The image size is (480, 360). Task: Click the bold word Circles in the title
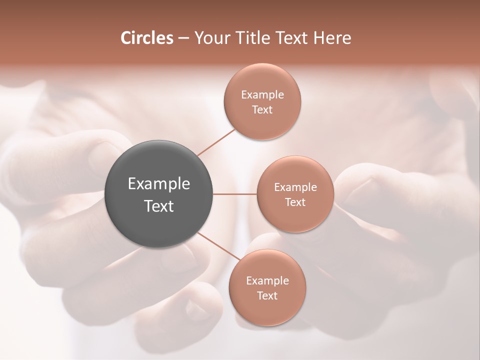[x=147, y=38]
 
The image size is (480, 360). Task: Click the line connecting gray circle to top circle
[x=216, y=142]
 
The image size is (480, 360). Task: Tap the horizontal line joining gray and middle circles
[x=235, y=194]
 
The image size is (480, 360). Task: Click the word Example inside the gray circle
[x=159, y=184]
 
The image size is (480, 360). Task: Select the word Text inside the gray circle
[x=159, y=206]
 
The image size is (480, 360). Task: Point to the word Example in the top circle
[x=262, y=95]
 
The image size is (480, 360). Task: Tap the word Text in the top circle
[x=262, y=110]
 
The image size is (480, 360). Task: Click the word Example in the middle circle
[x=295, y=187]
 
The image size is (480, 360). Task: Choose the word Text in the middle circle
[x=295, y=202]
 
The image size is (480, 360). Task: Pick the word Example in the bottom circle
[x=267, y=281]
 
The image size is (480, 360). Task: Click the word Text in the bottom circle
[x=267, y=296]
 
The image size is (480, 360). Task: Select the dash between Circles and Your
[x=183, y=38]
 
